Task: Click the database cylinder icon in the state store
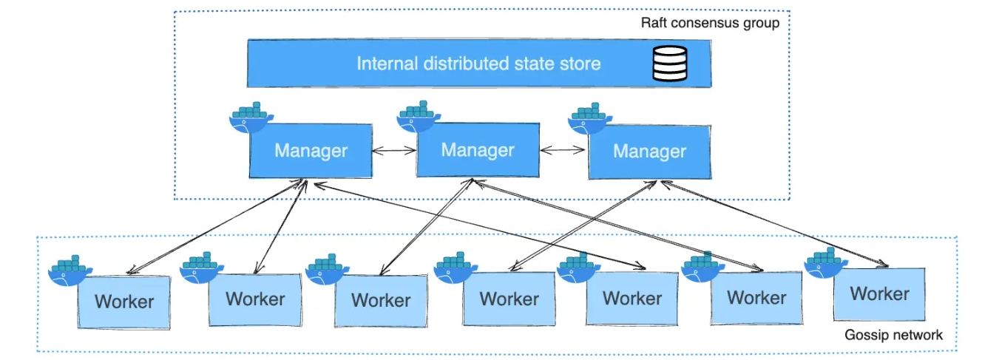669,63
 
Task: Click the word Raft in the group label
654,23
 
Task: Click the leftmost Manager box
310,152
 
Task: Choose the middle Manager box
478,150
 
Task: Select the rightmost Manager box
649,152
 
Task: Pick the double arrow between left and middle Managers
394,151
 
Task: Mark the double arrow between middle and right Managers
563,150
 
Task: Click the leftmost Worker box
123,302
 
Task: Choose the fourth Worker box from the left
509,299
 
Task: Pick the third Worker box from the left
380,300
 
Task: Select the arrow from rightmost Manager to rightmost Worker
784,225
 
